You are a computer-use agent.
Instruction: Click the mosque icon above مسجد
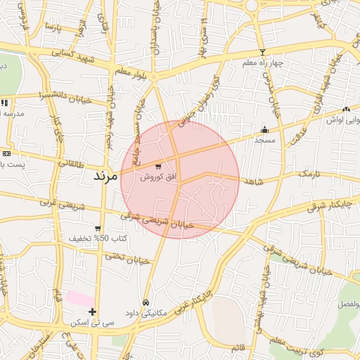click(x=264, y=129)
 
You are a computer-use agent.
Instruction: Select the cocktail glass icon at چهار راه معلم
click(x=262, y=53)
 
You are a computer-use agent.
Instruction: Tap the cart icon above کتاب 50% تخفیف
click(x=97, y=229)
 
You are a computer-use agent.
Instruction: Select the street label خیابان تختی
click(x=128, y=259)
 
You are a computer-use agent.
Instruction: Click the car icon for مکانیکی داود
click(x=146, y=302)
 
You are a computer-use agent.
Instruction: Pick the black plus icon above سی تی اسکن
click(x=92, y=311)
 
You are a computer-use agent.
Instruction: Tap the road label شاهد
click(x=255, y=181)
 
